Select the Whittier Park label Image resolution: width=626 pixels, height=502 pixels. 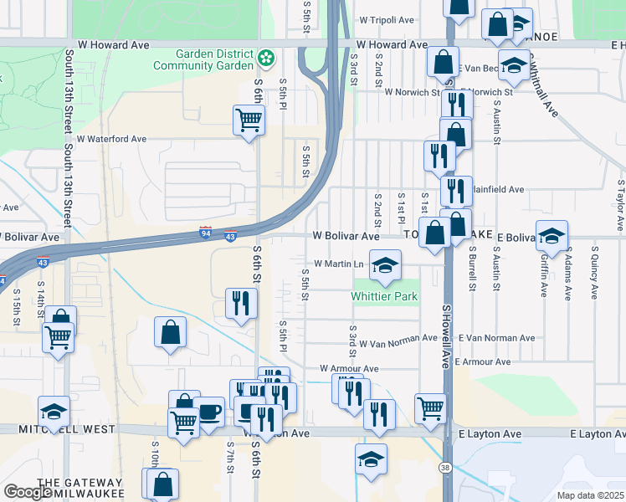(x=384, y=296)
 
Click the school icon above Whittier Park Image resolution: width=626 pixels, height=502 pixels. (x=384, y=266)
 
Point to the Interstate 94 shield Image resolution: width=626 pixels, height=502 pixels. (x=206, y=230)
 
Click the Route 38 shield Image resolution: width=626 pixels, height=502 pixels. (x=446, y=468)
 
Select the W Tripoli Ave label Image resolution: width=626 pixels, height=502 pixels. (x=387, y=19)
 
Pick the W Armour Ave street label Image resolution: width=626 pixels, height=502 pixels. (x=349, y=368)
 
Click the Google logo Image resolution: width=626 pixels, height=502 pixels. (x=28, y=492)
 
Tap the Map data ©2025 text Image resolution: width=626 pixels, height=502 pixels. (x=591, y=495)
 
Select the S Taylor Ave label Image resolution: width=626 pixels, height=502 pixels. (x=621, y=204)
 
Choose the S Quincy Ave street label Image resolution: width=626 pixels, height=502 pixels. (x=594, y=272)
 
